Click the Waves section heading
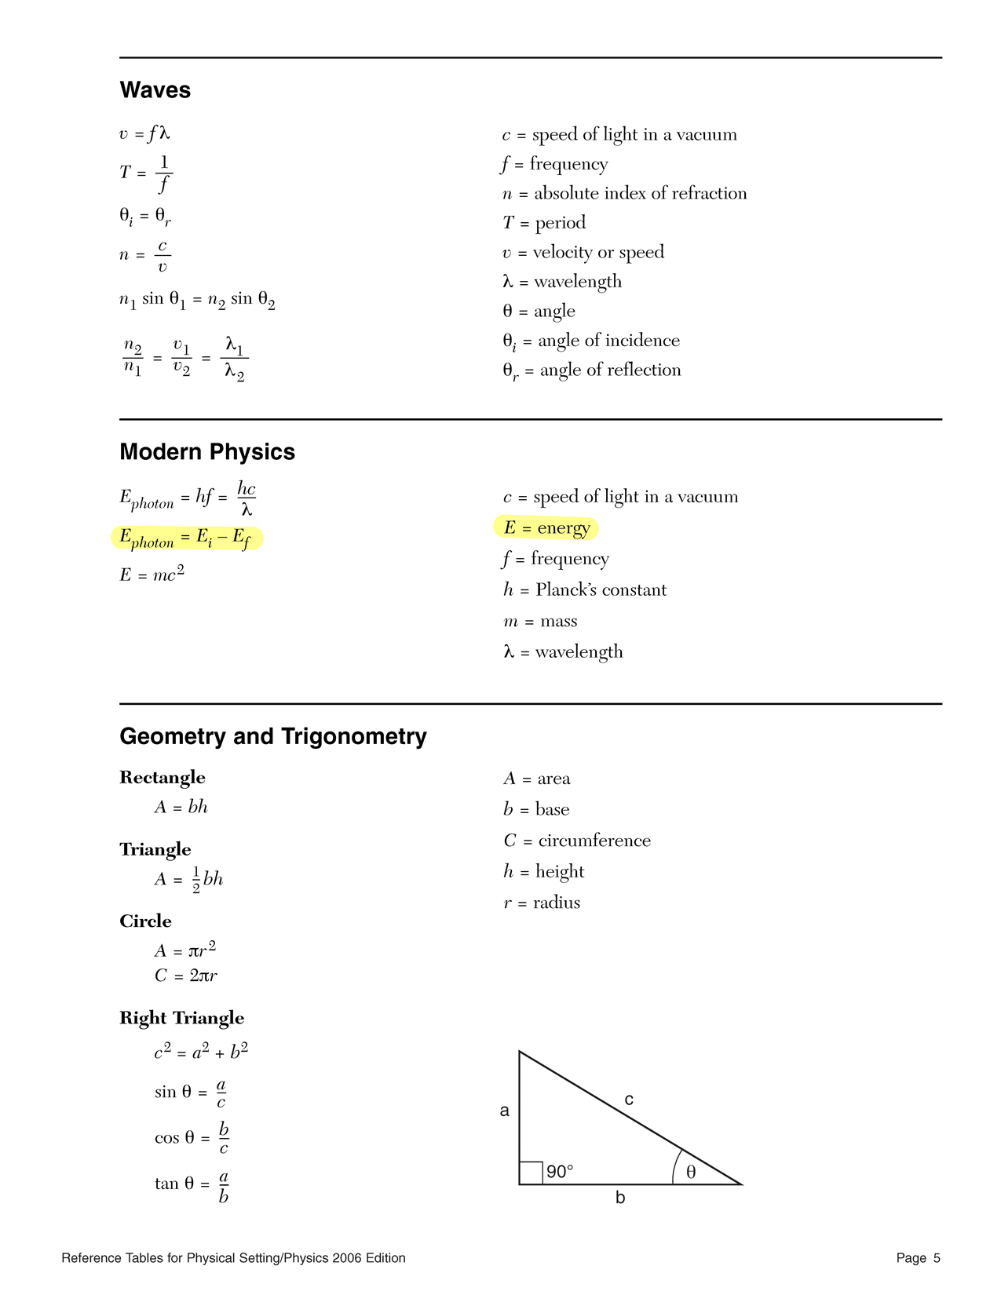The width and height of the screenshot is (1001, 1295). tap(155, 90)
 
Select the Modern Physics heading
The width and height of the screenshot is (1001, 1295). tap(207, 452)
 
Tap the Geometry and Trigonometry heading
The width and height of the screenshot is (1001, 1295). tap(273, 736)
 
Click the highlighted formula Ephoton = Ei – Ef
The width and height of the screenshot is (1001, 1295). tap(187, 538)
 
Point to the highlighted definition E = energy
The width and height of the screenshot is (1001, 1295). tap(546, 528)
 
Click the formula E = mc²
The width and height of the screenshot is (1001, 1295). tap(152, 575)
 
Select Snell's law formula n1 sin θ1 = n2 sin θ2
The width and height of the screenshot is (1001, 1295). tap(197, 300)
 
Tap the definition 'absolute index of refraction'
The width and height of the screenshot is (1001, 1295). tap(640, 194)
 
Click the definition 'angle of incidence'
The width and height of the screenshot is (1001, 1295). tap(608, 341)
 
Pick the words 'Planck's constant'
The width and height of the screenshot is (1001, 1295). tap(601, 590)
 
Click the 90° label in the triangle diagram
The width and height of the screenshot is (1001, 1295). tap(560, 1172)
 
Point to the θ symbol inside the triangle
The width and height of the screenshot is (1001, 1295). tap(691, 1172)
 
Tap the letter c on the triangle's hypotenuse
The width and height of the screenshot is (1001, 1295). tap(629, 1100)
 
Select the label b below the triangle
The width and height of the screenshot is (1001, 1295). tap(620, 1198)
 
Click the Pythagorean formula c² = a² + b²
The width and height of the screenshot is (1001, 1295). tap(202, 1052)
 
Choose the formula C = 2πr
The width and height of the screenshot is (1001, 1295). tap(186, 976)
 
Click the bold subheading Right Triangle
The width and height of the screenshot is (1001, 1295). tap(181, 1018)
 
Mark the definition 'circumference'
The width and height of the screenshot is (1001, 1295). tap(594, 841)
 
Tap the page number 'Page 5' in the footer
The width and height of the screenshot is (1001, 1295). tap(918, 1258)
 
